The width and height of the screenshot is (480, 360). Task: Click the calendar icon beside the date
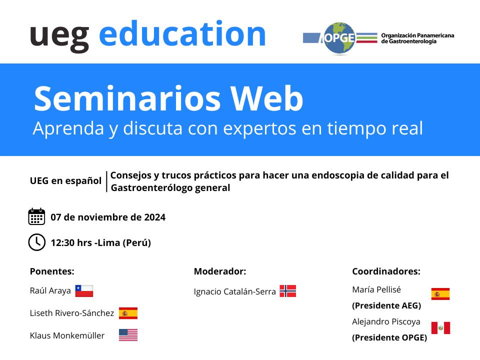(x=36, y=216)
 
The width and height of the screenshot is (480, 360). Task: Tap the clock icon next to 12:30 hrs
(x=36, y=242)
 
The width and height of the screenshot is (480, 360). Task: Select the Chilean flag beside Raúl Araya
(x=84, y=291)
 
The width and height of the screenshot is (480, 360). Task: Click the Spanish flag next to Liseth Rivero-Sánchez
(x=128, y=313)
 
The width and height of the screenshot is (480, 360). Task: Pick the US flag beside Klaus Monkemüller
(x=128, y=335)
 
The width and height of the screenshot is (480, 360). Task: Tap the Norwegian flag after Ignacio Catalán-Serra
(x=288, y=291)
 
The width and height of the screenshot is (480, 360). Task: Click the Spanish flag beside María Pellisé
(x=440, y=294)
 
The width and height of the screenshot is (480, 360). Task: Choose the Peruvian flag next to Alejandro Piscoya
(x=441, y=328)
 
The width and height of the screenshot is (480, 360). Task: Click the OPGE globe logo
(x=339, y=38)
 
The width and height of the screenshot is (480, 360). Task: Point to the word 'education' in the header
(x=182, y=34)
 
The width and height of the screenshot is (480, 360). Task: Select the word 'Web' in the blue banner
(x=266, y=98)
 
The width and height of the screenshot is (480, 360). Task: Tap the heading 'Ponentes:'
(x=52, y=271)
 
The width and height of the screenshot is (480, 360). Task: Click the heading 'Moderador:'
(x=220, y=271)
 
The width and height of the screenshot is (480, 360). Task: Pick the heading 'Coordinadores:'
(x=386, y=271)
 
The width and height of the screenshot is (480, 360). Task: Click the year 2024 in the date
(x=155, y=217)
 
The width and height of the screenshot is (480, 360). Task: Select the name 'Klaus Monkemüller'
(x=67, y=335)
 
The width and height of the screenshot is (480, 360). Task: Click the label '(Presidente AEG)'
(x=386, y=305)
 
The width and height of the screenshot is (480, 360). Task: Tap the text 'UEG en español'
(x=65, y=181)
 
